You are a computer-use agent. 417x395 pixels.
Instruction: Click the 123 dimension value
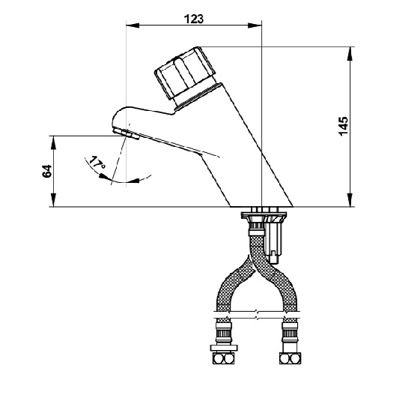pos(194,19)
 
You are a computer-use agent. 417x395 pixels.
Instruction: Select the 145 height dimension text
pos(343,126)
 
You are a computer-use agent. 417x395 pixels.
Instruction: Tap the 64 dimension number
pos(47,171)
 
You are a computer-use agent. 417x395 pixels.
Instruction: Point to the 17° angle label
pos(97,163)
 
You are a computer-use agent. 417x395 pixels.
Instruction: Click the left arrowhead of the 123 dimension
pos(133,25)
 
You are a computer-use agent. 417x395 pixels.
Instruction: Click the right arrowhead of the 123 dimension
pos(255,25)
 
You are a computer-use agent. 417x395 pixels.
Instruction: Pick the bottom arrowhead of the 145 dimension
pos(350,199)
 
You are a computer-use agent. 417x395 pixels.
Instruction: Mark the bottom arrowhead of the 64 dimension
pos(53,199)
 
